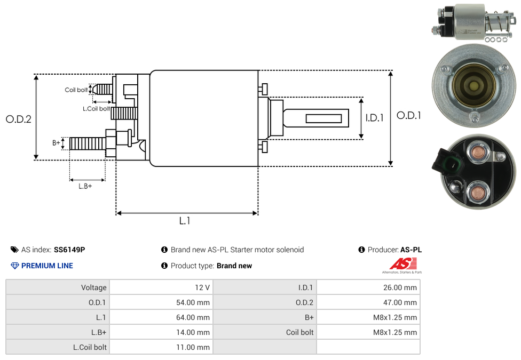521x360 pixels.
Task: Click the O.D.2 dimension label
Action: point(19,119)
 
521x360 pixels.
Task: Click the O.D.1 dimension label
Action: point(408,115)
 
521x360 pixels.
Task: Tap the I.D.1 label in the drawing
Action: point(374,118)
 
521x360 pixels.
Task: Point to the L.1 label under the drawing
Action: point(185,221)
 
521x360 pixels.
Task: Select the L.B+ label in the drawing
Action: point(85,186)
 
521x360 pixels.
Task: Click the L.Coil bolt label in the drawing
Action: point(96,109)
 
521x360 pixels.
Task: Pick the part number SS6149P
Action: point(69,250)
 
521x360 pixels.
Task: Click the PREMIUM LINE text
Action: point(47,266)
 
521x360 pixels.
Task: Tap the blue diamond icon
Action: point(15,266)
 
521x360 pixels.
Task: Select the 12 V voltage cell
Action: point(202,287)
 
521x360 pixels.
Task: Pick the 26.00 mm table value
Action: point(400,287)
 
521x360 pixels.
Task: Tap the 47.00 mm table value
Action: point(400,302)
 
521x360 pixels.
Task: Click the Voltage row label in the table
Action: point(93,287)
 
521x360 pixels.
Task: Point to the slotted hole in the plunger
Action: point(323,117)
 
